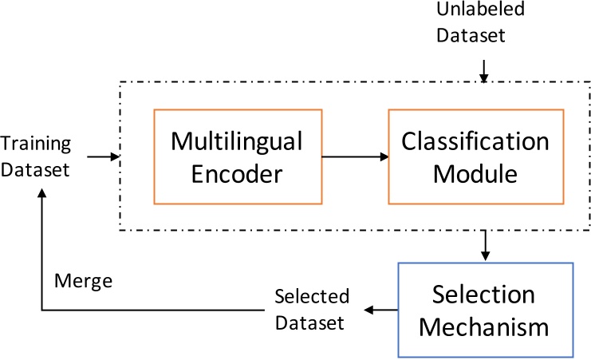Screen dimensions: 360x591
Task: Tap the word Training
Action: click(36, 145)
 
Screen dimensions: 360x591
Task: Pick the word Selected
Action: click(312, 297)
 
